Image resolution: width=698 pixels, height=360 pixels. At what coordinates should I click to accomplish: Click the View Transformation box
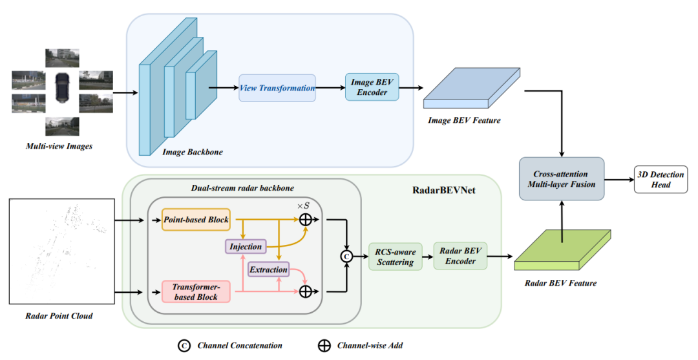point(277,88)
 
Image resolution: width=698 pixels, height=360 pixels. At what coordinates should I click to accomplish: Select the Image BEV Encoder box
point(372,87)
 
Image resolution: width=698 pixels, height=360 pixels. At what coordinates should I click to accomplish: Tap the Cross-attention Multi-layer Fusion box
point(560,178)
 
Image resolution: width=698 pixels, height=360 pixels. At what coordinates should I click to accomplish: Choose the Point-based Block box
point(196,220)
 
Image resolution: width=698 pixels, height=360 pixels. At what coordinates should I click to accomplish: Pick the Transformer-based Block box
point(195,291)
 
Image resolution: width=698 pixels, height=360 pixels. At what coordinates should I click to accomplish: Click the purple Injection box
point(246,246)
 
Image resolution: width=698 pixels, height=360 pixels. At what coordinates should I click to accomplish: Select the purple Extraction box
point(268,270)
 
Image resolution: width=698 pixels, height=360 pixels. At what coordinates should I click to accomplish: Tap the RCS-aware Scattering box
point(392,256)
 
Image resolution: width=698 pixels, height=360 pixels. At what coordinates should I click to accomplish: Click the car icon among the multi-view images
point(62,87)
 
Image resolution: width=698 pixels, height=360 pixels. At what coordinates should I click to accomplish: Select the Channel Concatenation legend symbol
point(184,346)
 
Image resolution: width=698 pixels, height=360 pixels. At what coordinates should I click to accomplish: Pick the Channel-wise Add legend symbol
point(324,346)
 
